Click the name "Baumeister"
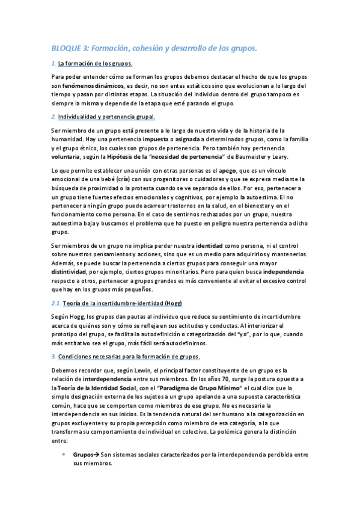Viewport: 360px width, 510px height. pyautogui.click(x=237, y=156)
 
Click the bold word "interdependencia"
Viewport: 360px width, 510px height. pyautogui.click(x=112, y=379)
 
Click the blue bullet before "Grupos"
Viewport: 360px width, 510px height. pyautogui.click(x=64, y=456)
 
